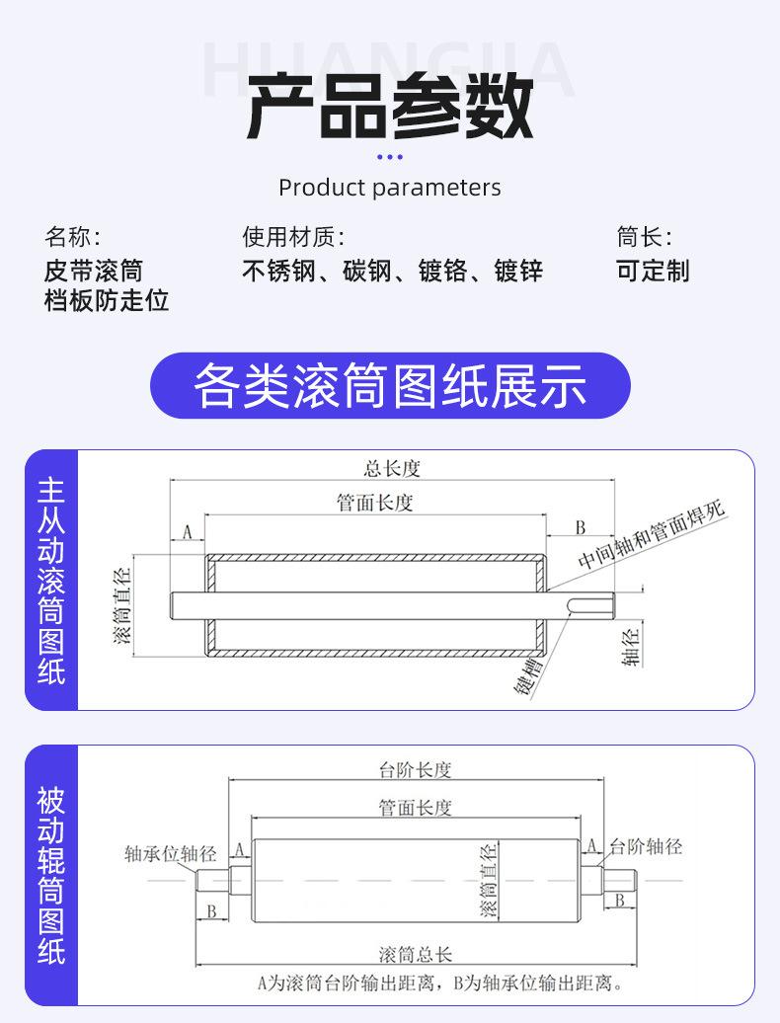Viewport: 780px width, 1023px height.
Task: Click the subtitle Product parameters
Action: [389, 188]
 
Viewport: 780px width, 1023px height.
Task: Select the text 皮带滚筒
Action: [93, 271]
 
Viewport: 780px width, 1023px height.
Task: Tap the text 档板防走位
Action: [107, 300]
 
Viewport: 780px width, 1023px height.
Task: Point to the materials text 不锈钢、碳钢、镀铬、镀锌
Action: [392, 271]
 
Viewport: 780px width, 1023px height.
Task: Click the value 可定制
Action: [653, 271]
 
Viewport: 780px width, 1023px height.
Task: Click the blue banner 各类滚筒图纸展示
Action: [389, 386]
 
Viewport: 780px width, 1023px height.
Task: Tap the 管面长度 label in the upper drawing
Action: [375, 503]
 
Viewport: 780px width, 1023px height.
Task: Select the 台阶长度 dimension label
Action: [415, 769]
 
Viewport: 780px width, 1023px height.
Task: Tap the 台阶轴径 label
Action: [646, 846]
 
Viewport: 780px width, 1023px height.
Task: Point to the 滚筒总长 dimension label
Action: [415, 955]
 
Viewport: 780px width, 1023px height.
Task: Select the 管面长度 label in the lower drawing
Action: [415, 808]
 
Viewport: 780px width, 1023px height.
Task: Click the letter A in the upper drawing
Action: [187, 532]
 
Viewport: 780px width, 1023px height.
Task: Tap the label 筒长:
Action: [644, 237]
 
